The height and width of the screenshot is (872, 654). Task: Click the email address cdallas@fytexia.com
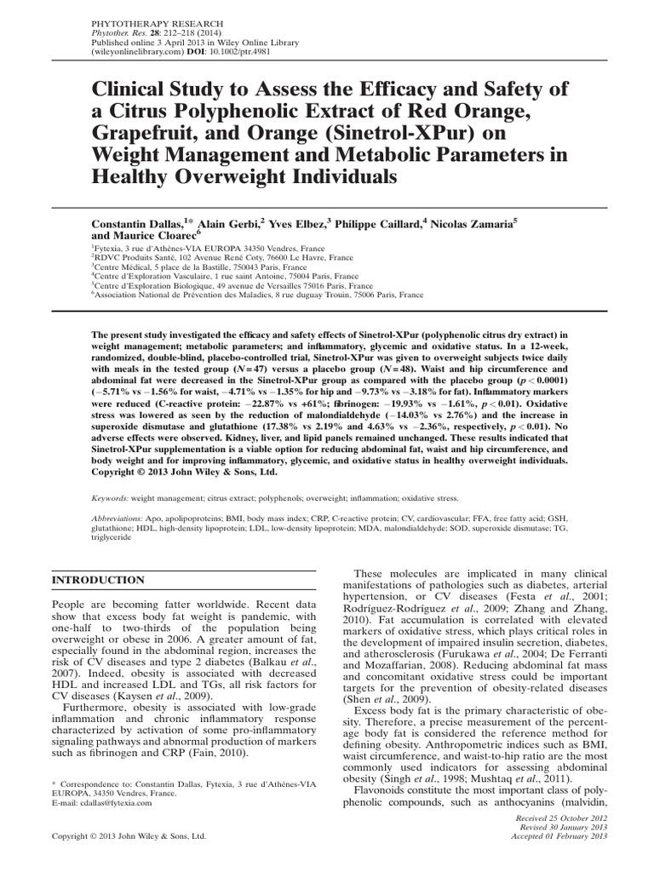[108, 802]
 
